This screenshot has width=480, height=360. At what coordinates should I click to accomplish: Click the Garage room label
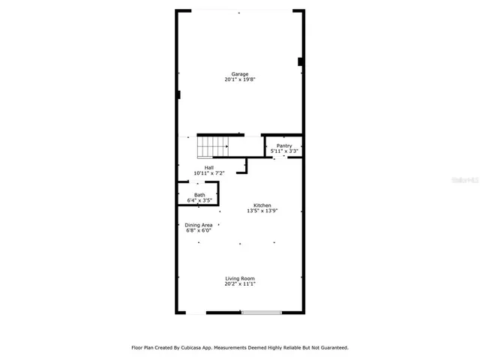point(240,73)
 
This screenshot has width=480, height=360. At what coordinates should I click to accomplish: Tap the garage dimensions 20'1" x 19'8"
point(240,79)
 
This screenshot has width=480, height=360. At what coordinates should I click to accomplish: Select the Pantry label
point(284,145)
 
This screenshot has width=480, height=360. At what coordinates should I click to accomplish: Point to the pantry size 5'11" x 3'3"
point(284,151)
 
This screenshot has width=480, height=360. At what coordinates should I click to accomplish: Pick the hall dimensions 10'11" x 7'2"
point(209,173)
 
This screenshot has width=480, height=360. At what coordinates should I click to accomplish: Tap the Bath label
point(199,195)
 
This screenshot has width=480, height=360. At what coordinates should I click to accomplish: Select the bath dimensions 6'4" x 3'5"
point(199,201)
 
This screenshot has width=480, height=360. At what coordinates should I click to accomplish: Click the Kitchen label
point(262,205)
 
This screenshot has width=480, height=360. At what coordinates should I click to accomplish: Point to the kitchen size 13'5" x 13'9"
point(262,211)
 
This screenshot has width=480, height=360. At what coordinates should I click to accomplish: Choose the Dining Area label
point(199,225)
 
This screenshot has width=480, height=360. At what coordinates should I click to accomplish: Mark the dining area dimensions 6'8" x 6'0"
point(199,231)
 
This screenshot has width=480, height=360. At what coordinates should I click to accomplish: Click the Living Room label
point(240,278)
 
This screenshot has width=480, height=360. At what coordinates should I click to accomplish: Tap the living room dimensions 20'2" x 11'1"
point(240,284)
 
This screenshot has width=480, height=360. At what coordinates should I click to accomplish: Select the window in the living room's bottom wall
point(261,313)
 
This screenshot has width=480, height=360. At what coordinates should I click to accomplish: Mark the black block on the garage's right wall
point(300,61)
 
